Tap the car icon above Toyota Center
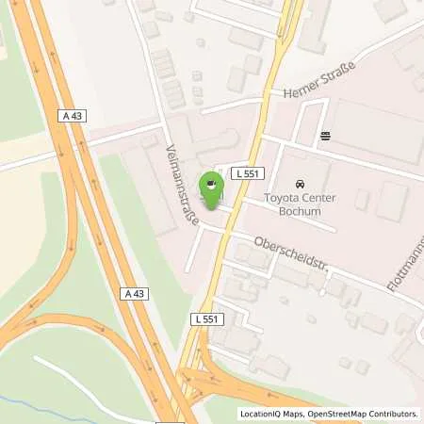301,184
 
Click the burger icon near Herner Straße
325,136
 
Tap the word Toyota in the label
280,198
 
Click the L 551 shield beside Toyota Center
249,172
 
